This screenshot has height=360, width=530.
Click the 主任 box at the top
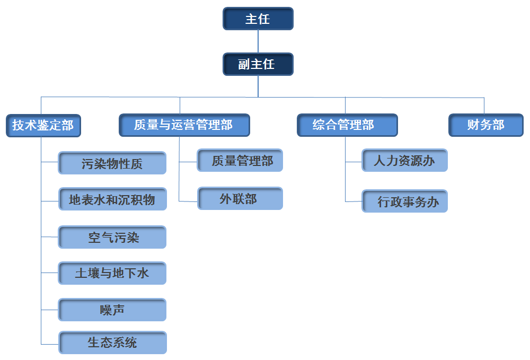point(258,19)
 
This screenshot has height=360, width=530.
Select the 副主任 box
point(258,65)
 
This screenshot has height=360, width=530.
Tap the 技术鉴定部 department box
point(43,126)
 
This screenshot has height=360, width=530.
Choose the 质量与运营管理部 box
point(184,126)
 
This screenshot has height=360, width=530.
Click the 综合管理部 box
point(347,126)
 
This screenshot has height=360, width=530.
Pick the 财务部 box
point(485,126)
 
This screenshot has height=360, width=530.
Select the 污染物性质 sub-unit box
point(112,163)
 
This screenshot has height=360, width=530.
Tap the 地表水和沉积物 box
point(112,199)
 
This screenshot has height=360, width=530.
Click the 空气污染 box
point(112,237)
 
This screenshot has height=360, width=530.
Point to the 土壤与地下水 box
point(112,274)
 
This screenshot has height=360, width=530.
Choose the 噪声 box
point(112,310)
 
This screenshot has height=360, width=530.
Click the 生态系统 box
point(112,343)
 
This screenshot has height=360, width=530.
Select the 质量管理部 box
point(240,161)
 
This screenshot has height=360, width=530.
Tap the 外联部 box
point(240,199)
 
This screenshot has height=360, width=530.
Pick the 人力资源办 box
point(404,161)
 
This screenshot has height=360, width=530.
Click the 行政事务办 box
point(404,201)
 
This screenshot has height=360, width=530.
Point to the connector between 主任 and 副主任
point(258,41)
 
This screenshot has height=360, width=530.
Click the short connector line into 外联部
point(188,201)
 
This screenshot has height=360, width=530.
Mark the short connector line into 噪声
point(50,309)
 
